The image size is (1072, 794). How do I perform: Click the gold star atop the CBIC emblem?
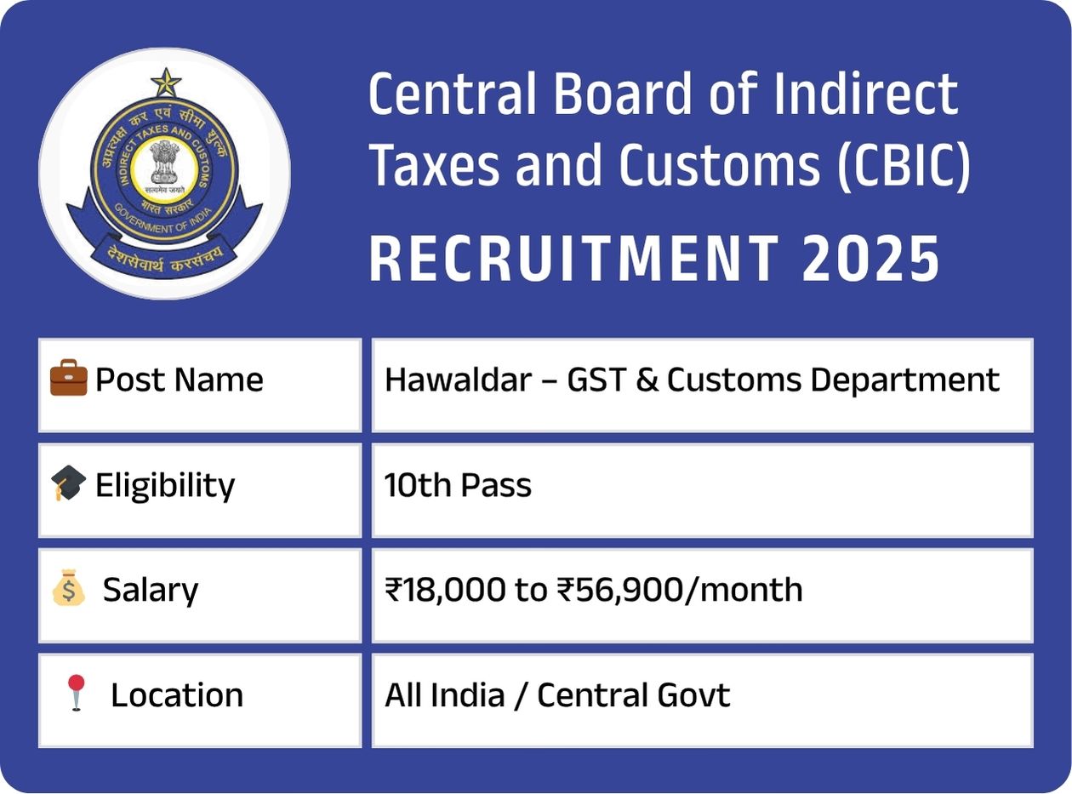click(x=166, y=83)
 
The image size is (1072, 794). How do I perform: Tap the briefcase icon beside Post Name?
click(x=69, y=380)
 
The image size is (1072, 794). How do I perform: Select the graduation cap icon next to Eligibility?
click(x=69, y=483)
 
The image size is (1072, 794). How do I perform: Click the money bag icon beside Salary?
click(x=69, y=590)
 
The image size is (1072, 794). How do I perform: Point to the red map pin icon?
click(x=77, y=693)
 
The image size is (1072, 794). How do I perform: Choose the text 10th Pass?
click(x=458, y=485)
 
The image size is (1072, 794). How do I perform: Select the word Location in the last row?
click(x=177, y=695)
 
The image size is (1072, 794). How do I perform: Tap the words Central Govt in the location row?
click(x=633, y=695)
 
